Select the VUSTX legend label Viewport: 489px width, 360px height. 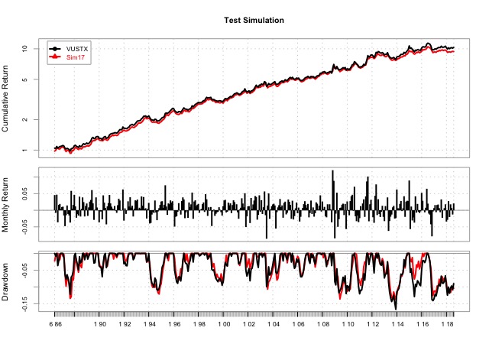click(x=78, y=47)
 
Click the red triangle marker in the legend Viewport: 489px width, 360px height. click(x=54, y=57)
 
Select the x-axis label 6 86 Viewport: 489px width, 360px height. click(x=55, y=324)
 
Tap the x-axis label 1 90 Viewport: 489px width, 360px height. click(x=99, y=324)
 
